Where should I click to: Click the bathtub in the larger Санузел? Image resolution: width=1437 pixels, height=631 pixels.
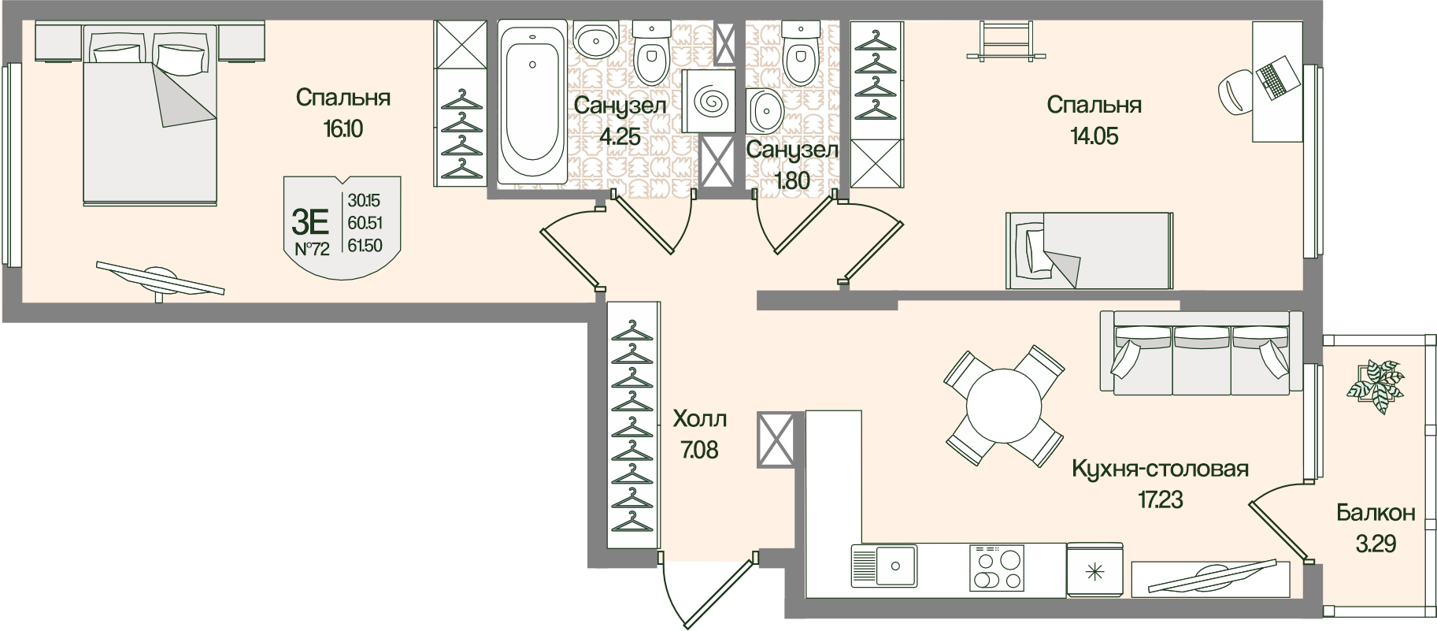pos(532,102)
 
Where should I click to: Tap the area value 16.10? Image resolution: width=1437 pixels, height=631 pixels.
pos(343,128)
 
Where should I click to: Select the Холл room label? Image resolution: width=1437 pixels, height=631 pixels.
pos(699,418)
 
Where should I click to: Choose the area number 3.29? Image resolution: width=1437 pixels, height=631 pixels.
pos(1376,543)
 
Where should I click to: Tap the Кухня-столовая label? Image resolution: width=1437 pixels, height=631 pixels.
pos(1160,469)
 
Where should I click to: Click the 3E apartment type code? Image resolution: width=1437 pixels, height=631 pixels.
pos(310,222)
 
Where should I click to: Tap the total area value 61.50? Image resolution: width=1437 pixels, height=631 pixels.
pos(365,246)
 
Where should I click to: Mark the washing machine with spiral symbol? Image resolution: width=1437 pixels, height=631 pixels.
pos(709,102)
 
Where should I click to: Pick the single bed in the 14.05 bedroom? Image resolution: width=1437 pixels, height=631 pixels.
pos(1088,251)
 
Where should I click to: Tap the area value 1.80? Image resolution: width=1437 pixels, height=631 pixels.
pos(792,180)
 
